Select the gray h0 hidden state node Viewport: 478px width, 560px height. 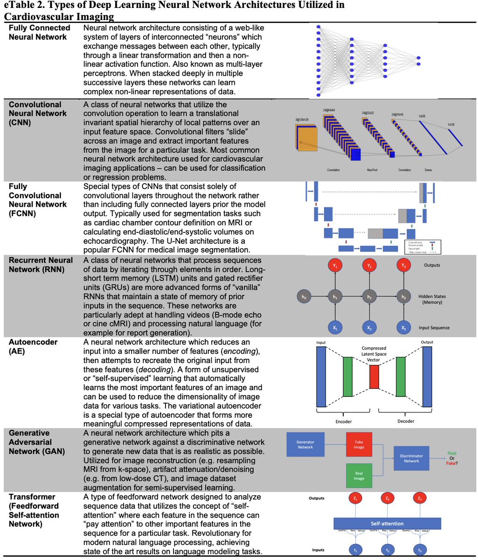(x=304, y=296)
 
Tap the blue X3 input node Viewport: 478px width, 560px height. (x=403, y=327)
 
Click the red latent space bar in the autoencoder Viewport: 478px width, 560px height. (x=374, y=377)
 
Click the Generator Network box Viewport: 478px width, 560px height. (x=305, y=444)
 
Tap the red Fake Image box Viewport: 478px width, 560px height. (x=359, y=444)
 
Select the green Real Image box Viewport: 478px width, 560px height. (x=359, y=476)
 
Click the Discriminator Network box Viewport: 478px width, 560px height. (x=411, y=458)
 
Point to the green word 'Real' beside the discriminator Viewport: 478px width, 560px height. (x=452, y=453)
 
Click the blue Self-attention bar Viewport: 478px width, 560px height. (x=387, y=523)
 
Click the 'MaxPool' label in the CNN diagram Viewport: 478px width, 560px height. (x=372, y=170)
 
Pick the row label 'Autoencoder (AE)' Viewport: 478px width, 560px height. (x=33, y=346)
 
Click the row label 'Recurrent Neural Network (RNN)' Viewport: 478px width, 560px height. (x=41, y=264)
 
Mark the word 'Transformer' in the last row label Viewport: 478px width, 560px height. (x=32, y=497)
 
